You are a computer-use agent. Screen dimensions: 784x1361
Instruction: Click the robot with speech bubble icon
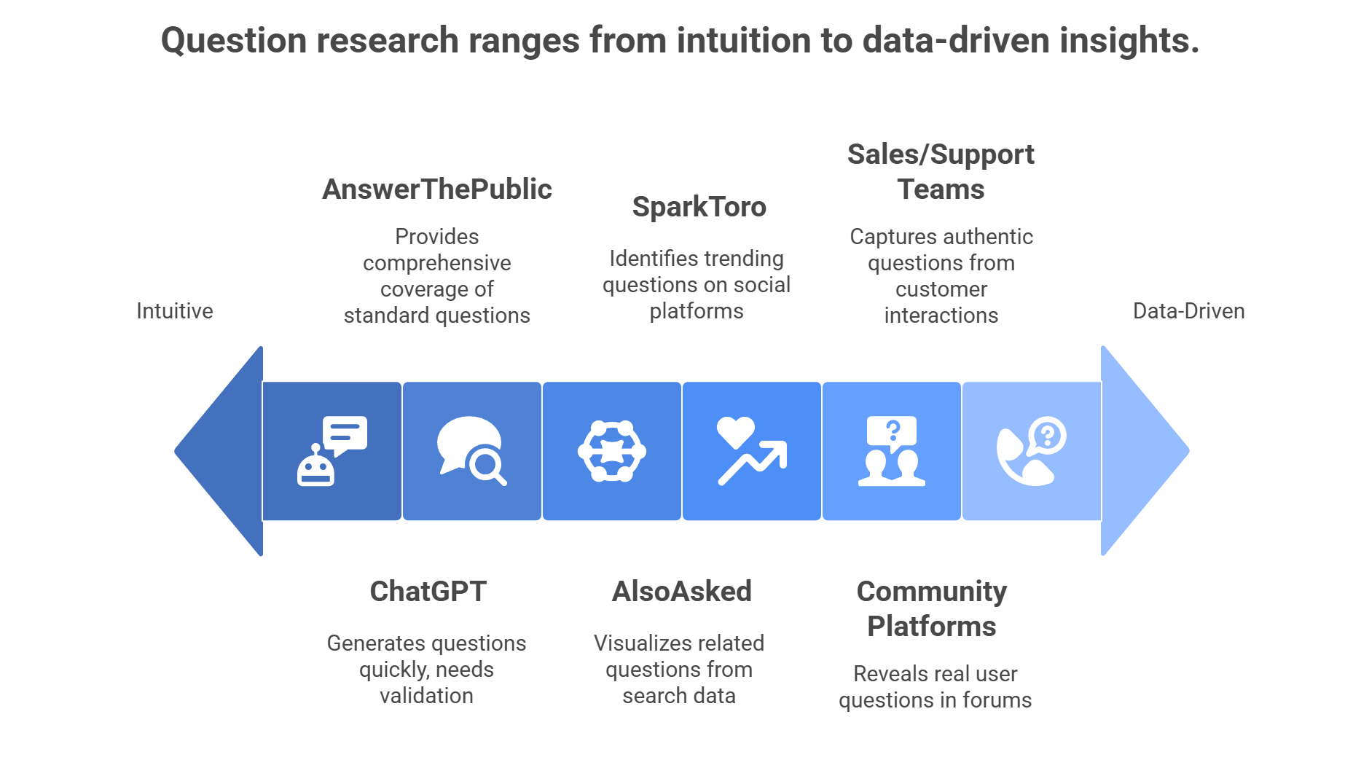(332, 451)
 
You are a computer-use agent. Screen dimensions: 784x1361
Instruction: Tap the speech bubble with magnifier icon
(471, 451)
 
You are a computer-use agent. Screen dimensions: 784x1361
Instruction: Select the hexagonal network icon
(612, 451)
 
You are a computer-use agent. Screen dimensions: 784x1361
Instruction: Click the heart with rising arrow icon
(752, 451)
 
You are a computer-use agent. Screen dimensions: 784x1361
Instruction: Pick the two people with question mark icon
(892, 451)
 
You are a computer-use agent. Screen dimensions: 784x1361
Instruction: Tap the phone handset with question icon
(1031, 451)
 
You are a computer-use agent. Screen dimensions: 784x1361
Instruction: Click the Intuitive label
(175, 311)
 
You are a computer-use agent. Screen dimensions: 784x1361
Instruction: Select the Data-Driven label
(1188, 311)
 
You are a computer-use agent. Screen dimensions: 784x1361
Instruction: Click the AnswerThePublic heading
(437, 189)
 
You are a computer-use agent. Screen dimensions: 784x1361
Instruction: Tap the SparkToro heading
(699, 207)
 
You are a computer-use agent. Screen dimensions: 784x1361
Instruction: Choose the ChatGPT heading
(428, 592)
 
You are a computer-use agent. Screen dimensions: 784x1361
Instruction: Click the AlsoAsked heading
(681, 592)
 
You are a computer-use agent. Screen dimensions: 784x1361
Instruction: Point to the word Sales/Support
(941, 154)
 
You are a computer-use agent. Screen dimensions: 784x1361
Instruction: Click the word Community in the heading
(931, 592)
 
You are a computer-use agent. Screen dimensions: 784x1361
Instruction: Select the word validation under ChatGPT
(426, 696)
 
